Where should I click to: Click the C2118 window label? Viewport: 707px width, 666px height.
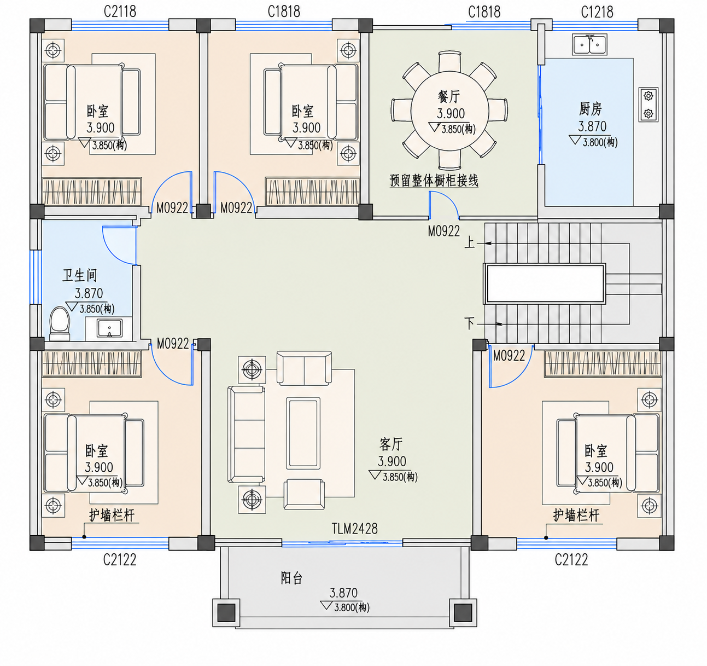[x=120, y=11]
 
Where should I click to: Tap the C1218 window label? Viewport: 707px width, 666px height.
[x=597, y=12]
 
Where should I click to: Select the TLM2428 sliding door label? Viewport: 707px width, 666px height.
[x=354, y=529]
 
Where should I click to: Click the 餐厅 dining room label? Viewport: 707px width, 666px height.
[x=449, y=96]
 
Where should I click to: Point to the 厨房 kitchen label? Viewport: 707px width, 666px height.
[x=590, y=109]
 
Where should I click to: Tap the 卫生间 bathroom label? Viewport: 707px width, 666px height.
[x=80, y=275]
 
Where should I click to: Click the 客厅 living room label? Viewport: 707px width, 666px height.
[x=391, y=444]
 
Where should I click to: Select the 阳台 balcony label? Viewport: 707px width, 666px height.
[x=291, y=578]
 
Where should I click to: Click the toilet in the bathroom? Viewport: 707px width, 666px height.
[x=60, y=323]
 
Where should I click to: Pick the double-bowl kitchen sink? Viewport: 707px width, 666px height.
[x=589, y=44]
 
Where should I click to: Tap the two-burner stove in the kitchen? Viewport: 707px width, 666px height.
[x=648, y=105]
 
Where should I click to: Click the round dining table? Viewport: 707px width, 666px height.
[x=449, y=111]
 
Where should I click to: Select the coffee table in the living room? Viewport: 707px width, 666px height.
[x=303, y=433]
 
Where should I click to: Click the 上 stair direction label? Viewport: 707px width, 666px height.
[x=470, y=243]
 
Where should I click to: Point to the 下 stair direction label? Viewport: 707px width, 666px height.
[x=470, y=323]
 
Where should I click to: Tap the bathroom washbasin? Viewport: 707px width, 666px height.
[x=110, y=328]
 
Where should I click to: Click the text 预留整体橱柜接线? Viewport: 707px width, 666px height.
[x=434, y=181]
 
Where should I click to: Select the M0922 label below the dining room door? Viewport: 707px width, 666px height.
[x=443, y=231]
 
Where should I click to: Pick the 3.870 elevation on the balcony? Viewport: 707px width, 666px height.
[x=343, y=593]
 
